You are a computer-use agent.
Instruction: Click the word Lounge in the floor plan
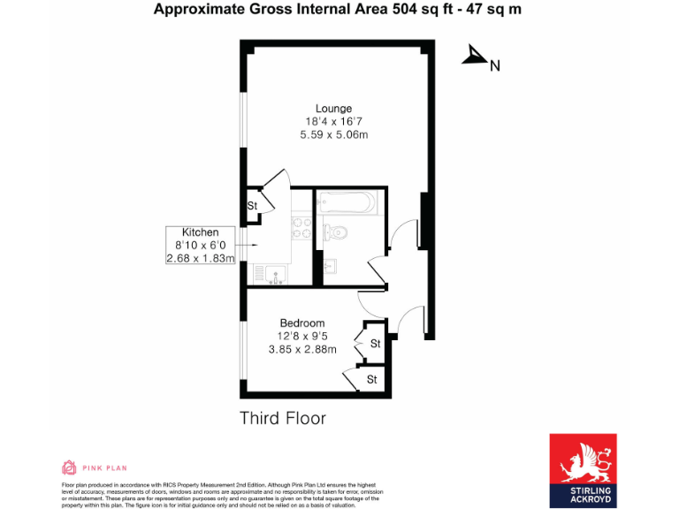[x=333, y=108]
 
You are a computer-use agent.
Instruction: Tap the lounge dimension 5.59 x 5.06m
[x=333, y=135]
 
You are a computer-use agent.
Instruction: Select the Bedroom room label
[x=302, y=323]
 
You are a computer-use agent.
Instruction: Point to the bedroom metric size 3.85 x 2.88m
[x=302, y=349]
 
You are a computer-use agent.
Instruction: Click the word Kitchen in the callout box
[x=201, y=232]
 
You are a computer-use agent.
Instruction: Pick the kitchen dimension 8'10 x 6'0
[x=201, y=246]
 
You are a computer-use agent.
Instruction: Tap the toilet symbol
[x=335, y=232]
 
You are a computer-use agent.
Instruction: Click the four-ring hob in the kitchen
[x=301, y=230]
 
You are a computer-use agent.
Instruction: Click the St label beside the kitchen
[x=252, y=206]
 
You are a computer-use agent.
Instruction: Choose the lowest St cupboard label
[x=372, y=379]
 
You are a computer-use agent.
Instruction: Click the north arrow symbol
[x=475, y=57]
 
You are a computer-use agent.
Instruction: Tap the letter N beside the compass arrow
[x=495, y=65]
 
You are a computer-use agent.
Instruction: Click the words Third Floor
[x=283, y=418]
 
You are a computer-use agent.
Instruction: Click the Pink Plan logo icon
[x=69, y=467]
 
